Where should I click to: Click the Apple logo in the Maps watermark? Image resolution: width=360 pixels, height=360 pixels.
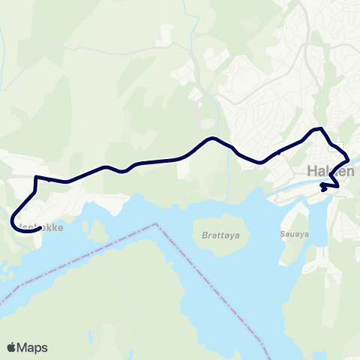(13, 347)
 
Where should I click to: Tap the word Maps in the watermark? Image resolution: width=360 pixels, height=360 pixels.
(34, 347)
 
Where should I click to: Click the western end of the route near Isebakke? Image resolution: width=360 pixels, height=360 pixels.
(37, 230)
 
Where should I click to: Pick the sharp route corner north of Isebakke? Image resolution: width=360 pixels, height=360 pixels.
(36, 177)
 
